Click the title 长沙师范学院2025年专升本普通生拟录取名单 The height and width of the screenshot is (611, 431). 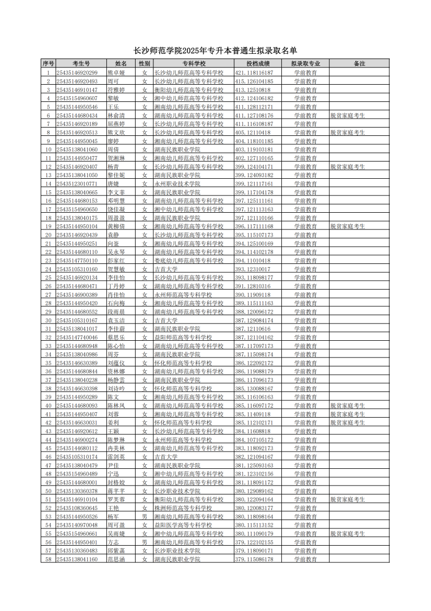(x=215, y=51)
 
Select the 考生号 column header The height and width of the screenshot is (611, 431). (x=81, y=64)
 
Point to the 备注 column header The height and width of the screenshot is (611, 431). (x=359, y=64)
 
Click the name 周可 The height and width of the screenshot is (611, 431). (x=113, y=82)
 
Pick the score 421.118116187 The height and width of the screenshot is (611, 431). (x=254, y=73)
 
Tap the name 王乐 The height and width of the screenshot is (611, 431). (x=113, y=107)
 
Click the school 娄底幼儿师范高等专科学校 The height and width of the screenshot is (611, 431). (x=188, y=261)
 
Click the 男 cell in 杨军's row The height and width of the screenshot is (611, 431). (x=145, y=516)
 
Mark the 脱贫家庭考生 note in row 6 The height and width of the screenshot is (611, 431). (x=348, y=116)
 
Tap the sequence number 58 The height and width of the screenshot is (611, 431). (x=48, y=559)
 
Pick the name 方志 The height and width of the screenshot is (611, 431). (x=113, y=542)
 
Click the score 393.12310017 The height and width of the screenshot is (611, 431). (x=253, y=269)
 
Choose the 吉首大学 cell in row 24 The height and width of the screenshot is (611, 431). (x=166, y=269)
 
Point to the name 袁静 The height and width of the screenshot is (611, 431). (x=113, y=235)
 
